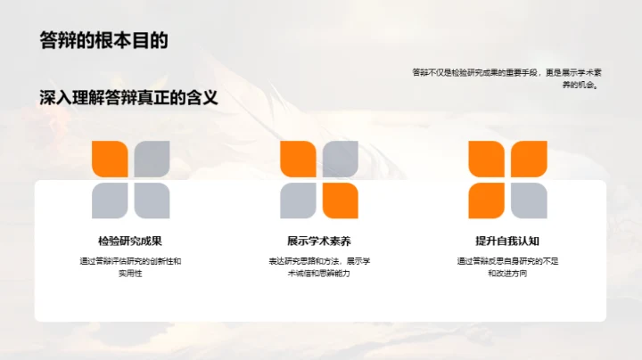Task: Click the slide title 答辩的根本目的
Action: pyautogui.click(x=103, y=41)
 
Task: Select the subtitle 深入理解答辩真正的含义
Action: pyautogui.click(x=129, y=96)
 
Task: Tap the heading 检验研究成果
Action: pyautogui.click(x=130, y=241)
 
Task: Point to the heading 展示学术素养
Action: pyautogui.click(x=319, y=241)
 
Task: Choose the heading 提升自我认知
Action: pyautogui.click(x=507, y=241)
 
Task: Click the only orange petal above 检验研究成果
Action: pyautogui.click(x=111, y=160)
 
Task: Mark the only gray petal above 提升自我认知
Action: pyautogui.click(x=528, y=200)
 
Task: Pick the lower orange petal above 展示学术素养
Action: pyautogui.click(x=339, y=200)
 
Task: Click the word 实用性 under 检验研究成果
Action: pyautogui.click(x=130, y=274)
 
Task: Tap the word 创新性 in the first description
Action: pyautogui.click(x=161, y=261)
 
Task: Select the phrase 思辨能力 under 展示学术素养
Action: pyautogui.click(x=333, y=274)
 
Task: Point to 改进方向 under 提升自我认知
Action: pyautogui.click(x=513, y=274)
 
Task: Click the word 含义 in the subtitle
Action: pyautogui.click(x=202, y=96)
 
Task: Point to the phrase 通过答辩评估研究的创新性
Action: pyautogui.click(x=124, y=261)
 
